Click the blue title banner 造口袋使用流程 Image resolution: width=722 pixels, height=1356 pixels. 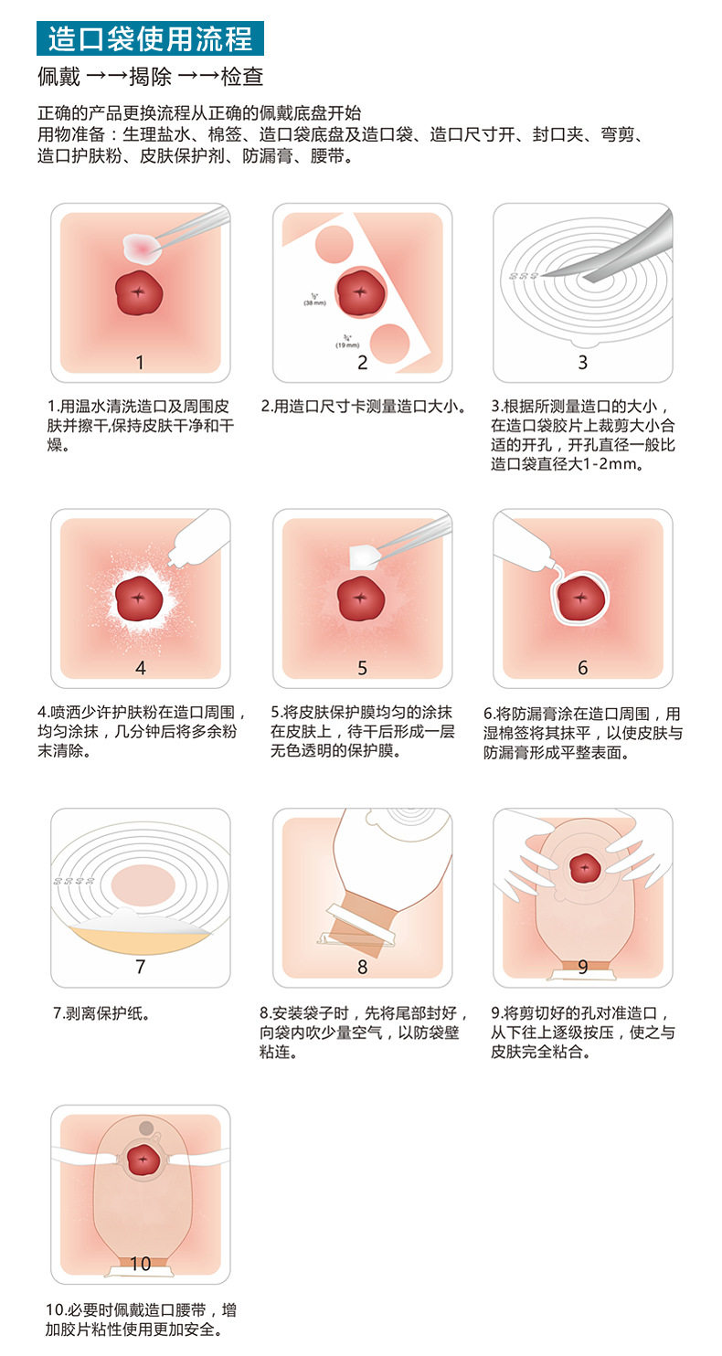150,38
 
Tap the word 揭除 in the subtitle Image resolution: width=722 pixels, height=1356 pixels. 150,77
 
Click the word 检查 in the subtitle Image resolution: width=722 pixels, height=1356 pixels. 241,77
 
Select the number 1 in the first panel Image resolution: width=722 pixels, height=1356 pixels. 140,362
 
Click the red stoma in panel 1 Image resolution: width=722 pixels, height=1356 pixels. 139,292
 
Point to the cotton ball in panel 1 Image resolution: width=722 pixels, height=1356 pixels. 141,249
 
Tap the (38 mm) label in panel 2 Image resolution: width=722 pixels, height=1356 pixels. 315,302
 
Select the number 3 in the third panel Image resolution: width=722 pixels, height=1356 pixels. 582,362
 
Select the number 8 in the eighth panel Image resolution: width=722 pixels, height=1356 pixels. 362,967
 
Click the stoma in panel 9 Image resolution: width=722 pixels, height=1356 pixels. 584,869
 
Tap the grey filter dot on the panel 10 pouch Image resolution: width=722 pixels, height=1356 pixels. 146,1128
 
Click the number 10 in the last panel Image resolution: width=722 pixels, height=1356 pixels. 140,1264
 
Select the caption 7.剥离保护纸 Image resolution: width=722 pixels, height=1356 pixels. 101,1013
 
